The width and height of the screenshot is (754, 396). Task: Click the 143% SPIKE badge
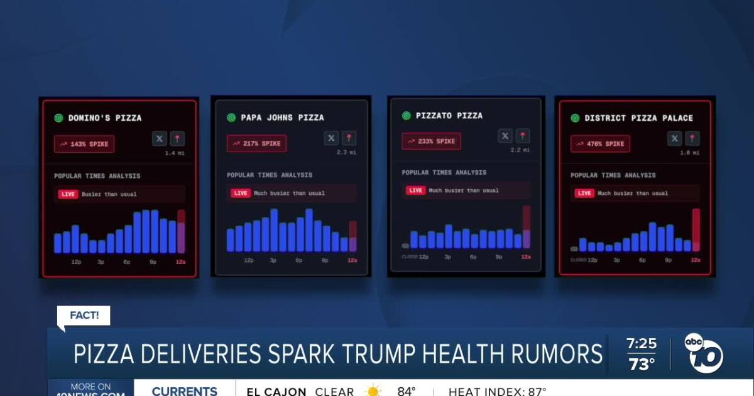tap(84, 144)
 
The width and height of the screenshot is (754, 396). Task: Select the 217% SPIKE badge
tap(257, 143)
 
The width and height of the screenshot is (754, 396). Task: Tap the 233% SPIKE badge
tap(431, 141)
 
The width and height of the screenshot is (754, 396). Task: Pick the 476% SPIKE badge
tap(600, 144)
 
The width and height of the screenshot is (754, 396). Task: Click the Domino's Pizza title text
tap(104, 118)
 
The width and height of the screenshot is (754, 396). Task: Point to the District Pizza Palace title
tap(638, 118)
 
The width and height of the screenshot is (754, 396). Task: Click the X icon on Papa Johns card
tap(332, 138)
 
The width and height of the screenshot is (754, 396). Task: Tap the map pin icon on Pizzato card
tap(523, 136)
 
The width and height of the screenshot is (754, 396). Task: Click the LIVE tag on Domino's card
tap(68, 194)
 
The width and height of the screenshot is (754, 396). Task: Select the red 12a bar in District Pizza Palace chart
tap(696, 230)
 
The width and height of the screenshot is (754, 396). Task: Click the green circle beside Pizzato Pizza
tap(406, 116)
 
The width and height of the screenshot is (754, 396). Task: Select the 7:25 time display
tap(641, 344)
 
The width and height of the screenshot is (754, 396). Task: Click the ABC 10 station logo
tap(704, 353)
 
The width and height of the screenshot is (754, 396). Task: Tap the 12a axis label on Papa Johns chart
tap(352, 260)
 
